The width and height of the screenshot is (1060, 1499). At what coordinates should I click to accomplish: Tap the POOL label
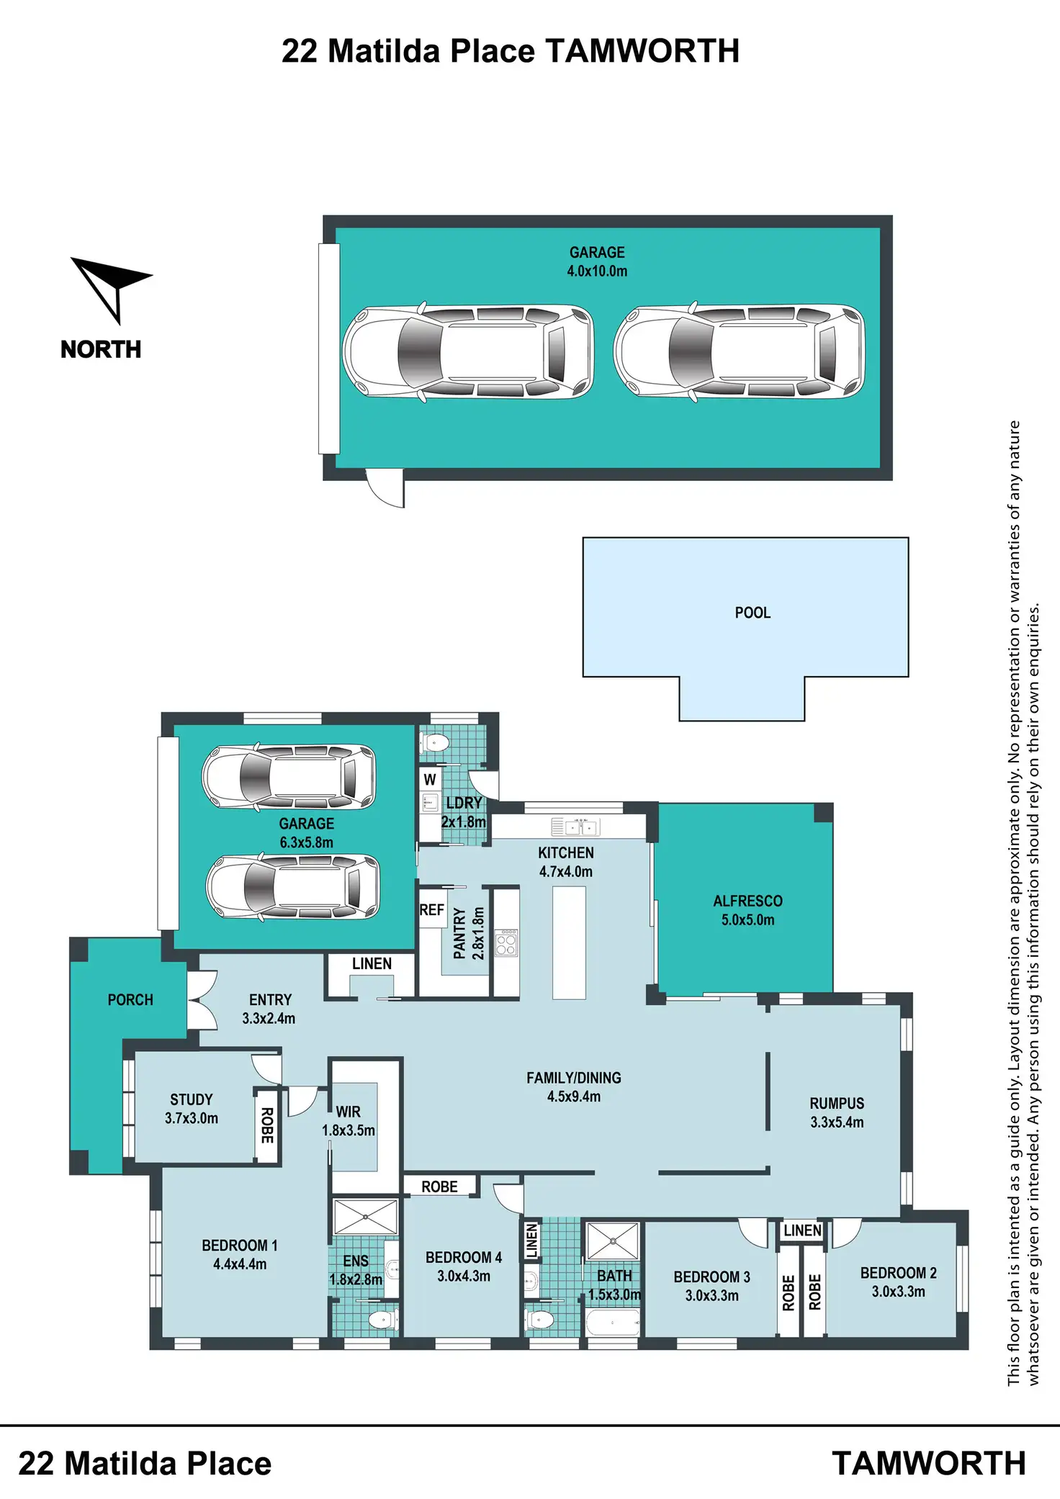753,613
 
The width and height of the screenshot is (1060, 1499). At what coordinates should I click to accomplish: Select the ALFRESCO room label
747,901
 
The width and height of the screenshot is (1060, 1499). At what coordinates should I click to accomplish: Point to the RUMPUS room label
837,1103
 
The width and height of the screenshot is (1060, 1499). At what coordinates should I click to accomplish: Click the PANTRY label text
459,933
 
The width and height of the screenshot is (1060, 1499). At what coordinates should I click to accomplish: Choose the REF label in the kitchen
431,910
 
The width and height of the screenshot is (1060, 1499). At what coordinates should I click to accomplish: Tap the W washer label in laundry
430,779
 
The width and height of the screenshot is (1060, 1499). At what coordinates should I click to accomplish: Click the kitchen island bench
569,942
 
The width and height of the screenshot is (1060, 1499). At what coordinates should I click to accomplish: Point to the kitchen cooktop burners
506,942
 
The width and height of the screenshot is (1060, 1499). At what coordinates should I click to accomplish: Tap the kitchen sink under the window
575,827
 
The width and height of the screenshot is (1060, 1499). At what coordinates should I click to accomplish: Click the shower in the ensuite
366,1217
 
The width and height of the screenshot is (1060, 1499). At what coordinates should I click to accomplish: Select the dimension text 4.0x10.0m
597,271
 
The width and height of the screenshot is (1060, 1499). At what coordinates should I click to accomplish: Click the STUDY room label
192,1099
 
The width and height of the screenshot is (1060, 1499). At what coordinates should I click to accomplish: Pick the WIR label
349,1112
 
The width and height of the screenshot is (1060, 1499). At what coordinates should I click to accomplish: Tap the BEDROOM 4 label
464,1257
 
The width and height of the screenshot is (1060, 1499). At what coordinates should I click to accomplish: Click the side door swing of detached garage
385,488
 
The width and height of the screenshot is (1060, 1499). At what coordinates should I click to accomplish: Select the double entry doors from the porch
202,1000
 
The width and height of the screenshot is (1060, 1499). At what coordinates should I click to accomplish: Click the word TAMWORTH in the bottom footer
929,1463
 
